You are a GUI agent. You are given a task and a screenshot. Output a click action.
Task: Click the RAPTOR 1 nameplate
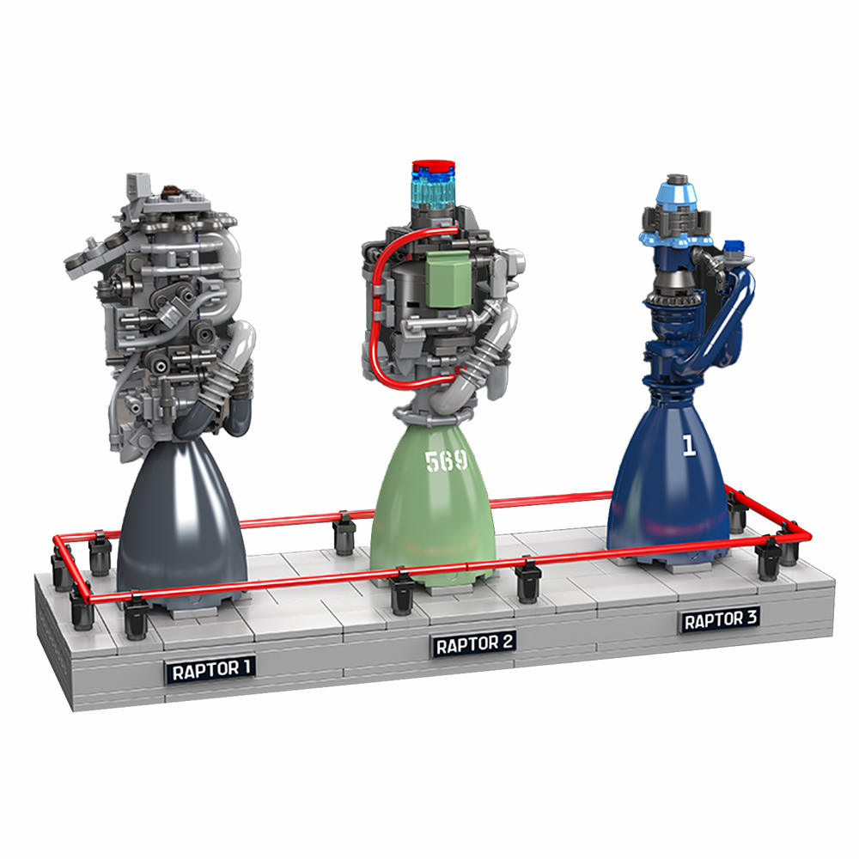[x=211, y=670]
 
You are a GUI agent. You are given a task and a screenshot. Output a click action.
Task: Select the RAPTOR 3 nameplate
[x=720, y=619]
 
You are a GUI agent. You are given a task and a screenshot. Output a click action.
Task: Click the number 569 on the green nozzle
[x=445, y=461]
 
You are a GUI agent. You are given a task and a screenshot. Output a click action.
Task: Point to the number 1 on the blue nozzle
[x=687, y=445]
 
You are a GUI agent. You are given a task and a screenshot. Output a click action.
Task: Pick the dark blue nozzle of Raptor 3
[x=670, y=498]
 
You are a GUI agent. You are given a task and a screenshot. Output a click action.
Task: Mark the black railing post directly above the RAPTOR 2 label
[x=402, y=593]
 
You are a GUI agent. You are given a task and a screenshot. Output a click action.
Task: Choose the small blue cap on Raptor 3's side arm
[x=733, y=248]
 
